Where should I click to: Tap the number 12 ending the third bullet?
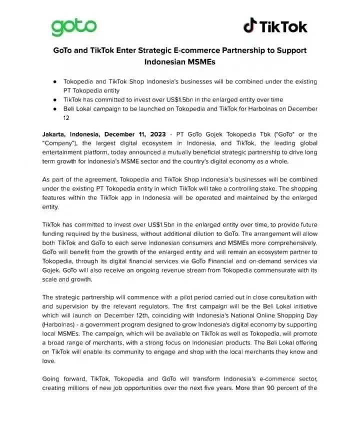66,118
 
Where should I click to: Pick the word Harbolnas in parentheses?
59,324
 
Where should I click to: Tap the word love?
48,360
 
